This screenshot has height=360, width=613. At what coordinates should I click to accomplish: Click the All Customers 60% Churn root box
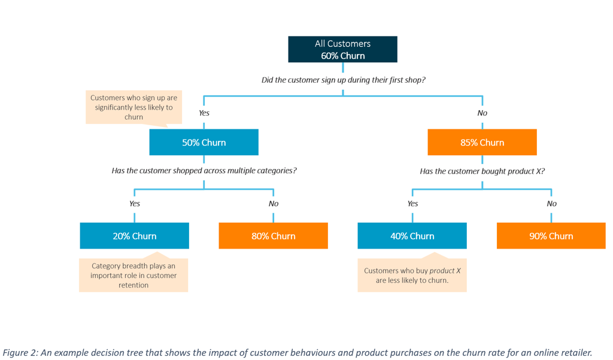[x=342, y=49]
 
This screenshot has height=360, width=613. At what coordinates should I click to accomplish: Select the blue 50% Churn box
[x=204, y=143]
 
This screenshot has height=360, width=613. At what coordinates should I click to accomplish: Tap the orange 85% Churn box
[x=482, y=143]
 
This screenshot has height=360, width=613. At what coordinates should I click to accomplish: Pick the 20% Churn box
[x=134, y=236]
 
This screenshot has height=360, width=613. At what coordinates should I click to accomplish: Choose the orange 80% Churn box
[x=273, y=236]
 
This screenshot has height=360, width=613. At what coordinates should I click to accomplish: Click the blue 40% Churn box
[x=412, y=236]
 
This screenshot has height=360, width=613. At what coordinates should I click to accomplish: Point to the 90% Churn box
[x=551, y=236]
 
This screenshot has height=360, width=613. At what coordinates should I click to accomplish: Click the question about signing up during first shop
[x=343, y=80]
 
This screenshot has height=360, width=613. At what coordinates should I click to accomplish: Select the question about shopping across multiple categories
[x=204, y=171]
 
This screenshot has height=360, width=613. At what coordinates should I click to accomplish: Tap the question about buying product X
[x=482, y=171]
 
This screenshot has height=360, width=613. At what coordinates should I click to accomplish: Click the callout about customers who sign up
[x=133, y=107]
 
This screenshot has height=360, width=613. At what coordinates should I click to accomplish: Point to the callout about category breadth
[x=133, y=276]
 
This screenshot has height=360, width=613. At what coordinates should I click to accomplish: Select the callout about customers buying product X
[x=412, y=276]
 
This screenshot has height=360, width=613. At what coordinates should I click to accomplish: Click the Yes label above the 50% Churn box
[x=204, y=113]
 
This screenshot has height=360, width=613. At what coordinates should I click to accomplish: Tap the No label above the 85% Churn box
[x=482, y=113]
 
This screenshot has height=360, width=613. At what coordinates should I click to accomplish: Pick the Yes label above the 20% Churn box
[x=135, y=204]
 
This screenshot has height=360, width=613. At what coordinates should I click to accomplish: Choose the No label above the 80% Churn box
[x=274, y=204]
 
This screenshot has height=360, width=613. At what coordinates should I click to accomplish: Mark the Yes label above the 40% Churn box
[x=412, y=204]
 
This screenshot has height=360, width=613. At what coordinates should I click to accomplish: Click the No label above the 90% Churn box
[x=551, y=204]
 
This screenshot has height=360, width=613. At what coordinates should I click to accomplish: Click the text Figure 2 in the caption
[x=20, y=352]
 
